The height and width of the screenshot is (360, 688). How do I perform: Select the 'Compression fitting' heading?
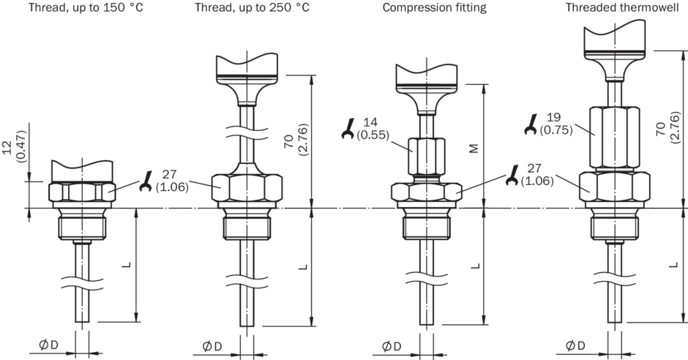tap(434, 7)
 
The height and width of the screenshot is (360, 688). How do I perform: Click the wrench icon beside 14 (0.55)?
tap(348, 131)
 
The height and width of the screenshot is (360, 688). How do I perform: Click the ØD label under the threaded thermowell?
tap(576, 345)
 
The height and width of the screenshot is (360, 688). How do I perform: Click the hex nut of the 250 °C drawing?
tap(247, 188)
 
